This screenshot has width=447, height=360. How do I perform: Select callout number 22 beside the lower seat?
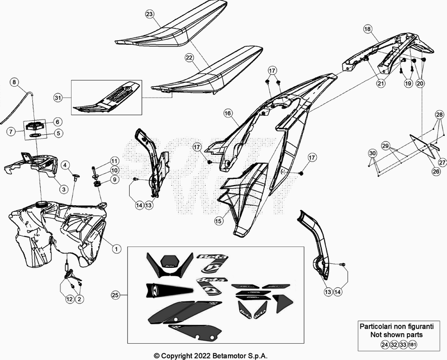coord(189,58)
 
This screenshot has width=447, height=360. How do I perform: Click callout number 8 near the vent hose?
coord(15,82)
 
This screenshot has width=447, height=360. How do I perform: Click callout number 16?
coord(227,113)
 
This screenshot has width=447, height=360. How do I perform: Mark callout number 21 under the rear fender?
coord(381,83)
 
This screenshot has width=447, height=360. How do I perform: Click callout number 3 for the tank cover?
coord(65,190)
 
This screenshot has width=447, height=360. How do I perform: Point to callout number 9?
coord(114,179)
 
